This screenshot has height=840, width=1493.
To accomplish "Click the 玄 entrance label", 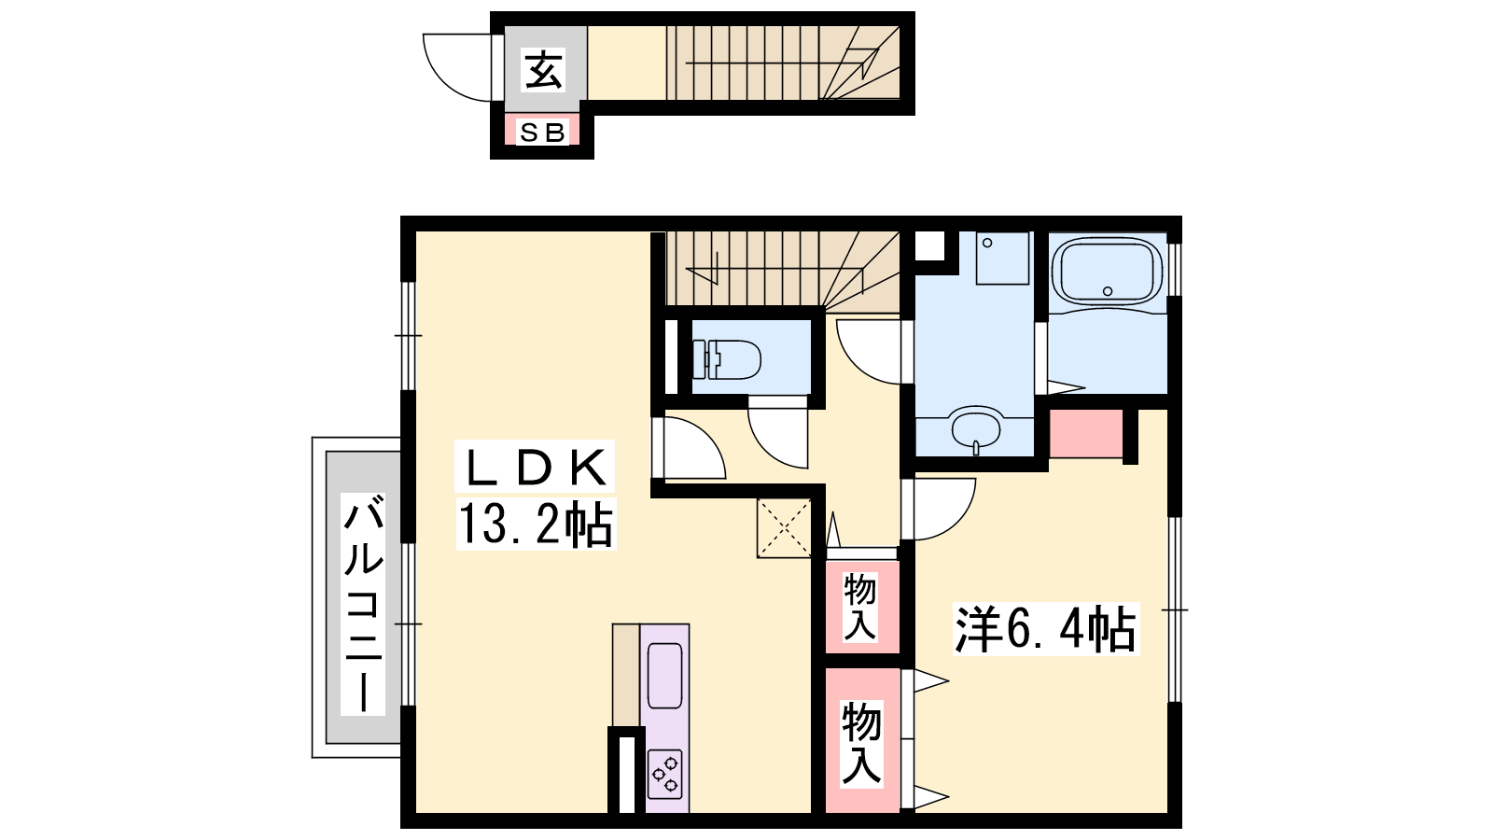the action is click(x=544, y=70).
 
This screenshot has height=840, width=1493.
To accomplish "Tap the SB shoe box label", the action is click(x=542, y=133).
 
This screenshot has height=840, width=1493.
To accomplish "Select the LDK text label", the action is click(x=536, y=467).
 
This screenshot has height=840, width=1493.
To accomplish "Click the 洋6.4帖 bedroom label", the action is click(x=1045, y=629).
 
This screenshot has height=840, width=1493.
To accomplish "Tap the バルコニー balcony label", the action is click(x=363, y=604).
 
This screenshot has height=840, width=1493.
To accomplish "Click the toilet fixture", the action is click(x=727, y=359).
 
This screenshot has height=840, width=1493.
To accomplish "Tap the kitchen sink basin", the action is click(x=664, y=676).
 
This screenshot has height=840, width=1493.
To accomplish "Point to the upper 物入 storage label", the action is click(x=859, y=608).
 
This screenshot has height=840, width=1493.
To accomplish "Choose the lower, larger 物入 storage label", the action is click(x=861, y=743).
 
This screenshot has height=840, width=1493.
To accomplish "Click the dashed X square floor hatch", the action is click(x=784, y=527).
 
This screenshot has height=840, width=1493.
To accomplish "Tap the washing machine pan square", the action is click(x=1002, y=259).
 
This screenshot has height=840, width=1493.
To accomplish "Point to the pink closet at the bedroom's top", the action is click(x=1086, y=434).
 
